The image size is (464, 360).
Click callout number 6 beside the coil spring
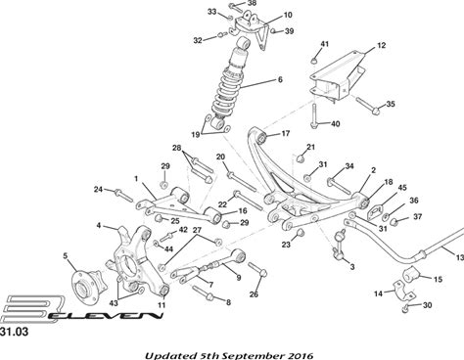coord(280,79)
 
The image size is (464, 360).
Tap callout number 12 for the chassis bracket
coord(381,45)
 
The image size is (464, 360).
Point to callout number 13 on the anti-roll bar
coord(459,257)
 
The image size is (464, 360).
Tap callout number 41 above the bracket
coord(324,44)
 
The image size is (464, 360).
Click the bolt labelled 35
coord(368,106)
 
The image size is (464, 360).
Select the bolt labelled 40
coord(314,116)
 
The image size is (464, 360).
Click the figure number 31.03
coord(14,332)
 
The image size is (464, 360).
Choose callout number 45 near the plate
coord(402,188)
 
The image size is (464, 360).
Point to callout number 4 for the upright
coord(99,225)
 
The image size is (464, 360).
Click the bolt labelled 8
coord(203,292)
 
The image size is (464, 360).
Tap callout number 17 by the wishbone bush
coord(286,133)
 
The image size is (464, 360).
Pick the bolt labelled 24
coord(123,195)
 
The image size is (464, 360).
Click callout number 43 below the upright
coord(114,303)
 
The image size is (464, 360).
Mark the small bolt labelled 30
coord(405,308)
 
